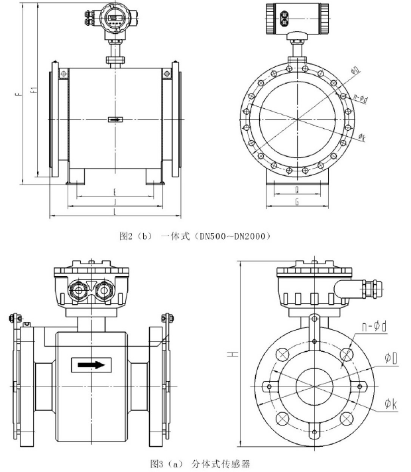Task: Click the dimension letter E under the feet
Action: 115,193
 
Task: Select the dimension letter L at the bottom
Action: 115,211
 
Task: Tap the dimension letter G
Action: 296,201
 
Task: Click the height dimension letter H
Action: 233,355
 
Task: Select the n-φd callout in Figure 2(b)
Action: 361,97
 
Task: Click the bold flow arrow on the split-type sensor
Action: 91,364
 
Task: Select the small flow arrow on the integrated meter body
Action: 115,120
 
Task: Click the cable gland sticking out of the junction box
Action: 362,287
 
